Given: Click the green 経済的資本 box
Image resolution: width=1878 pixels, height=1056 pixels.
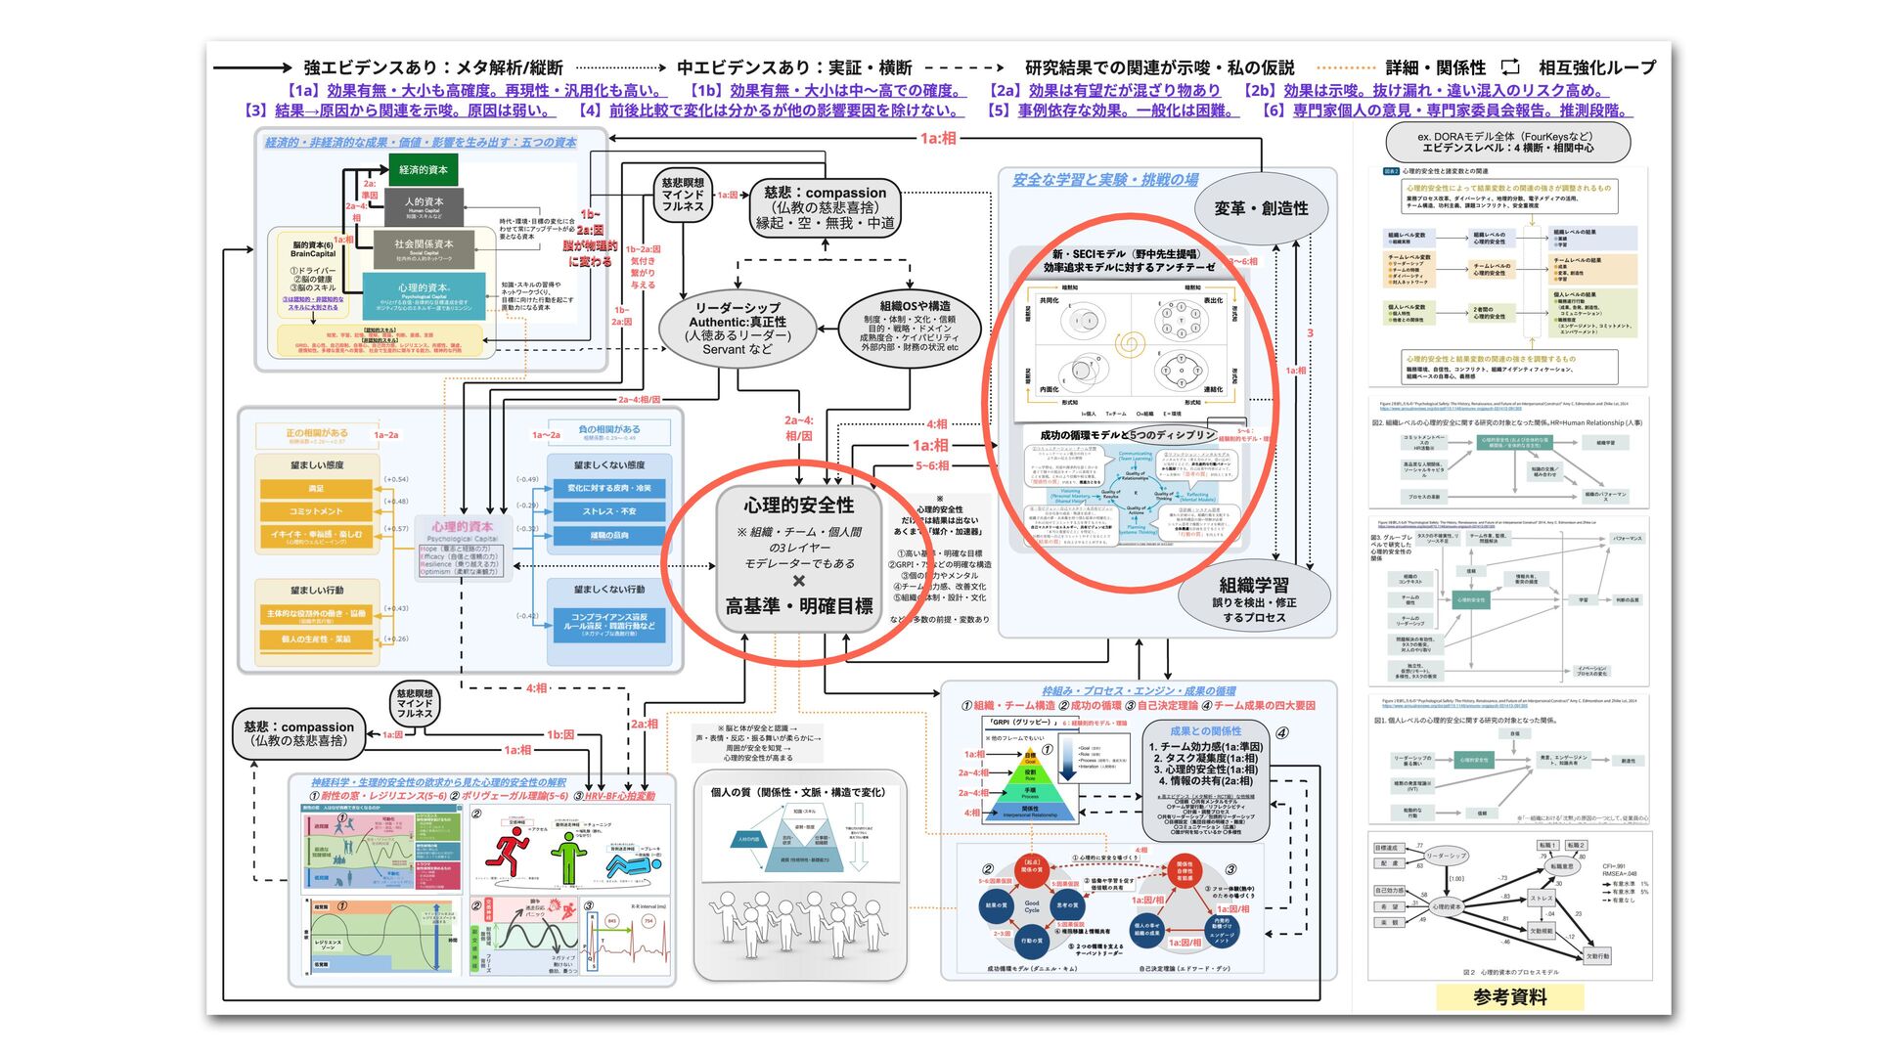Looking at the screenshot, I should pos(423,170).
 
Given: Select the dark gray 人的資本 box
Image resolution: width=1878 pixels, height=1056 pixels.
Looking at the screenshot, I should pos(425,205).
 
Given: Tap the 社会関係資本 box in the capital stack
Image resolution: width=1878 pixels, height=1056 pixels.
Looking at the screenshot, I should pos(424,247).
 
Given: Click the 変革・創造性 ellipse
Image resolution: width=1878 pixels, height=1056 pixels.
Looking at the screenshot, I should pos(1260,208).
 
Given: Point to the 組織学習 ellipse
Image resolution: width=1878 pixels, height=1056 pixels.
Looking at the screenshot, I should pos(1253,597).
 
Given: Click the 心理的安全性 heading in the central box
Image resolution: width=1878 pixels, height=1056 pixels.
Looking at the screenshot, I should pos(798,506).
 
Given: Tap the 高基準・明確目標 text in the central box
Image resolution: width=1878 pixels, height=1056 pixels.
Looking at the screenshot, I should pos(798,607).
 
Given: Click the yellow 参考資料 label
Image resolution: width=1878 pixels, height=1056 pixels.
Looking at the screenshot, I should pos(1509,997).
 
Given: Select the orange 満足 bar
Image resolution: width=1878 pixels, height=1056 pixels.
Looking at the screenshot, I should pos(316,488).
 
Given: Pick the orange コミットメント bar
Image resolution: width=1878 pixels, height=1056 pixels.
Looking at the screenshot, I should pos(316,511).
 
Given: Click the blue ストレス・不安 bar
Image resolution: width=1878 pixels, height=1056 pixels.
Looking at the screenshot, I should pos(608,511).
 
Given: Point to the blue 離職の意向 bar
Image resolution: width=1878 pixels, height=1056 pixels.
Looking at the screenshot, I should pos(608,536).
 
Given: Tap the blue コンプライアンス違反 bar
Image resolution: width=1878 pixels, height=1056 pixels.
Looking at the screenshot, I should pos(608,623).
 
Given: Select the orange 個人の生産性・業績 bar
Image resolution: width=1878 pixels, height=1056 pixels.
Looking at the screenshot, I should pos(316,639).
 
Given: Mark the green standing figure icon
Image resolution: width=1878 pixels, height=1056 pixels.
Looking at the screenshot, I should pos(567,857).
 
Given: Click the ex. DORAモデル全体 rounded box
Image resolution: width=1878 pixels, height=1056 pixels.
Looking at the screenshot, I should pos(1506,143).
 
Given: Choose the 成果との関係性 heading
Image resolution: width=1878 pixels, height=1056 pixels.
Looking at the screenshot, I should pos(1205,730).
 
